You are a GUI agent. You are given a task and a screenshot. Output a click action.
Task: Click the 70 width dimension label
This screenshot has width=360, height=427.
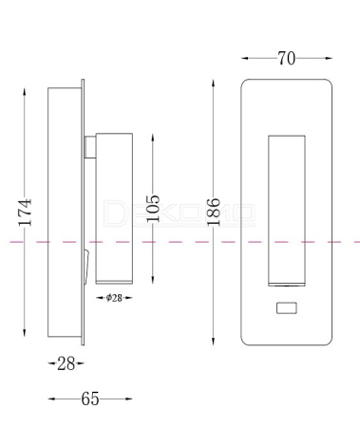(287, 59)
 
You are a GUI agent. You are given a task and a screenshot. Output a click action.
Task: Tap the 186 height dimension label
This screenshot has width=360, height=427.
(214, 212)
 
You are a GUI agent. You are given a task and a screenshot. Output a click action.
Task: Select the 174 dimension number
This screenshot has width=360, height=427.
(25, 213)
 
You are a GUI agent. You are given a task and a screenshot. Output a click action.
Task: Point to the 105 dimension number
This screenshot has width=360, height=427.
(153, 209)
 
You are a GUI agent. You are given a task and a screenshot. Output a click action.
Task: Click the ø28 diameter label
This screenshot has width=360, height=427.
(114, 298)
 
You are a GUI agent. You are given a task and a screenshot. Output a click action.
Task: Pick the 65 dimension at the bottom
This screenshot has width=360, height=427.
(90, 399)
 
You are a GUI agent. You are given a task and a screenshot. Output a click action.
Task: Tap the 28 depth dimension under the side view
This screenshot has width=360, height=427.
(66, 363)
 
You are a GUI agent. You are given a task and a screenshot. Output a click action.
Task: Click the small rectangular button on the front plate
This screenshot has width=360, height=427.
(287, 307)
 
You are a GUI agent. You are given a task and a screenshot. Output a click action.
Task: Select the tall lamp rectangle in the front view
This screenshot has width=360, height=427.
(287, 211)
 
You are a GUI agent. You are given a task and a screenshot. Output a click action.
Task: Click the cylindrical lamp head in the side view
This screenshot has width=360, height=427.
(114, 209)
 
